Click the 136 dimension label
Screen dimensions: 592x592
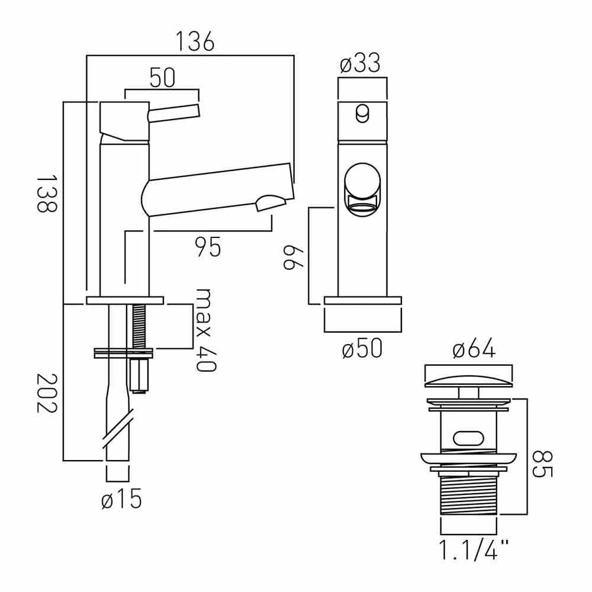point(195,42)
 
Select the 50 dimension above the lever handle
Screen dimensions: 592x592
point(162,79)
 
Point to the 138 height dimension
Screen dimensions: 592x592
point(46,194)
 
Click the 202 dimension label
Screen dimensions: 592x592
point(46,394)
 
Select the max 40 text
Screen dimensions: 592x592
point(205,330)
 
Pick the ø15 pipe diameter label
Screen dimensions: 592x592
point(121,500)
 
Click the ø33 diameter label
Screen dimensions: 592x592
point(360,63)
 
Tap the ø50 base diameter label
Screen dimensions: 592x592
point(362,350)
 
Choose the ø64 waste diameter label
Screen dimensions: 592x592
point(473,350)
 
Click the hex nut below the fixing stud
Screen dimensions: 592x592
point(139,374)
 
